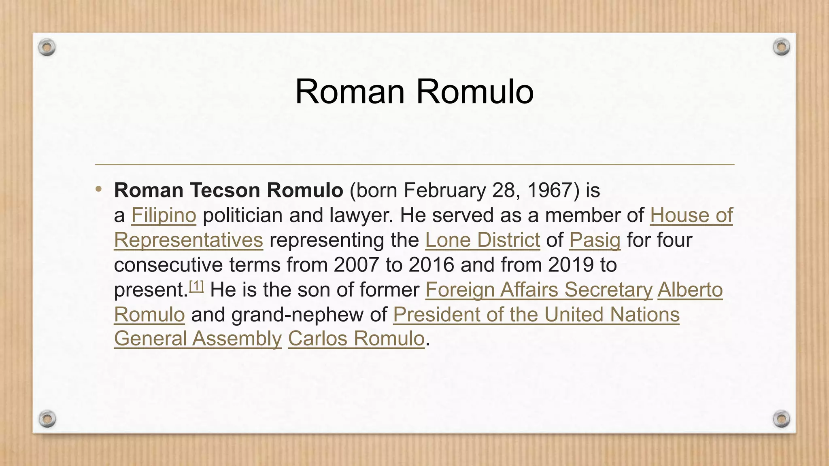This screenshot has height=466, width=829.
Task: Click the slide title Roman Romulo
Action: coord(414,92)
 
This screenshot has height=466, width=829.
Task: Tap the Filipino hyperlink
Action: coord(164,215)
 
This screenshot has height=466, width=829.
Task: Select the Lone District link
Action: coord(483,240)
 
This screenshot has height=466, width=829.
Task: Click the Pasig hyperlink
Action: coord(595,240)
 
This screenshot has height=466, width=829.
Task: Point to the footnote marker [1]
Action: coord(197,287)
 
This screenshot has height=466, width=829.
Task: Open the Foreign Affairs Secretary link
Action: coord(539,290)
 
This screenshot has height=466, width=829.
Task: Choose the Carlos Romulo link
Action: coord(356,339)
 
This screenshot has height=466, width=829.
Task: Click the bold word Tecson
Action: coord(225,190)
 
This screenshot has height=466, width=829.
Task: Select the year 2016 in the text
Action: coord(432,265)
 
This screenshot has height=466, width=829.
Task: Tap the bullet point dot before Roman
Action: coord(98,189)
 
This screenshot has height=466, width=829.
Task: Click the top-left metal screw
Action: coord(47,47)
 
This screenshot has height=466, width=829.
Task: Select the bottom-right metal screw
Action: coord(781,418)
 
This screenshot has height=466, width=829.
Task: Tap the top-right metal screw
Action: coord(781,47)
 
